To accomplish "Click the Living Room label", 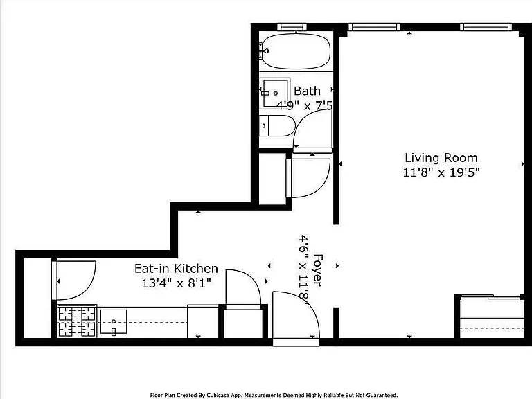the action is pyautogui.click(x=441, y=158).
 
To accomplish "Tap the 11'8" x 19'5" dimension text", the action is pyautogui.click(x=441, y=172).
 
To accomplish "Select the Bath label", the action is pyautogui.click(x=307, y=91).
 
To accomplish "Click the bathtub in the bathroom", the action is pyautogui.click(x=296, y=51).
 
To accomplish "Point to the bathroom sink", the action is pyautogui.click(x=276, y=92).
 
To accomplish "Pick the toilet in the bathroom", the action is pyautogui.click(x=276, y=126).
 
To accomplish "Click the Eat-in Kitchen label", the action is pyautogui.click(x=176, y=268).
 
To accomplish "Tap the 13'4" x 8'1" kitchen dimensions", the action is pyautogui.click(x=176, y=283).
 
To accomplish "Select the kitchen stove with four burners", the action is pyautogui.click(x=77, y=321).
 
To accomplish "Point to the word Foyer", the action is pyautogui.click(x=317, y=269).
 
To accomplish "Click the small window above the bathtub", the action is pyautogui.click(x=292, y=27).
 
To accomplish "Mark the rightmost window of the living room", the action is pyautogui.click(x=486, y=27).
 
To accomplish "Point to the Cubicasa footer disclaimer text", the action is pyautogui.click(x=274, y=396).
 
